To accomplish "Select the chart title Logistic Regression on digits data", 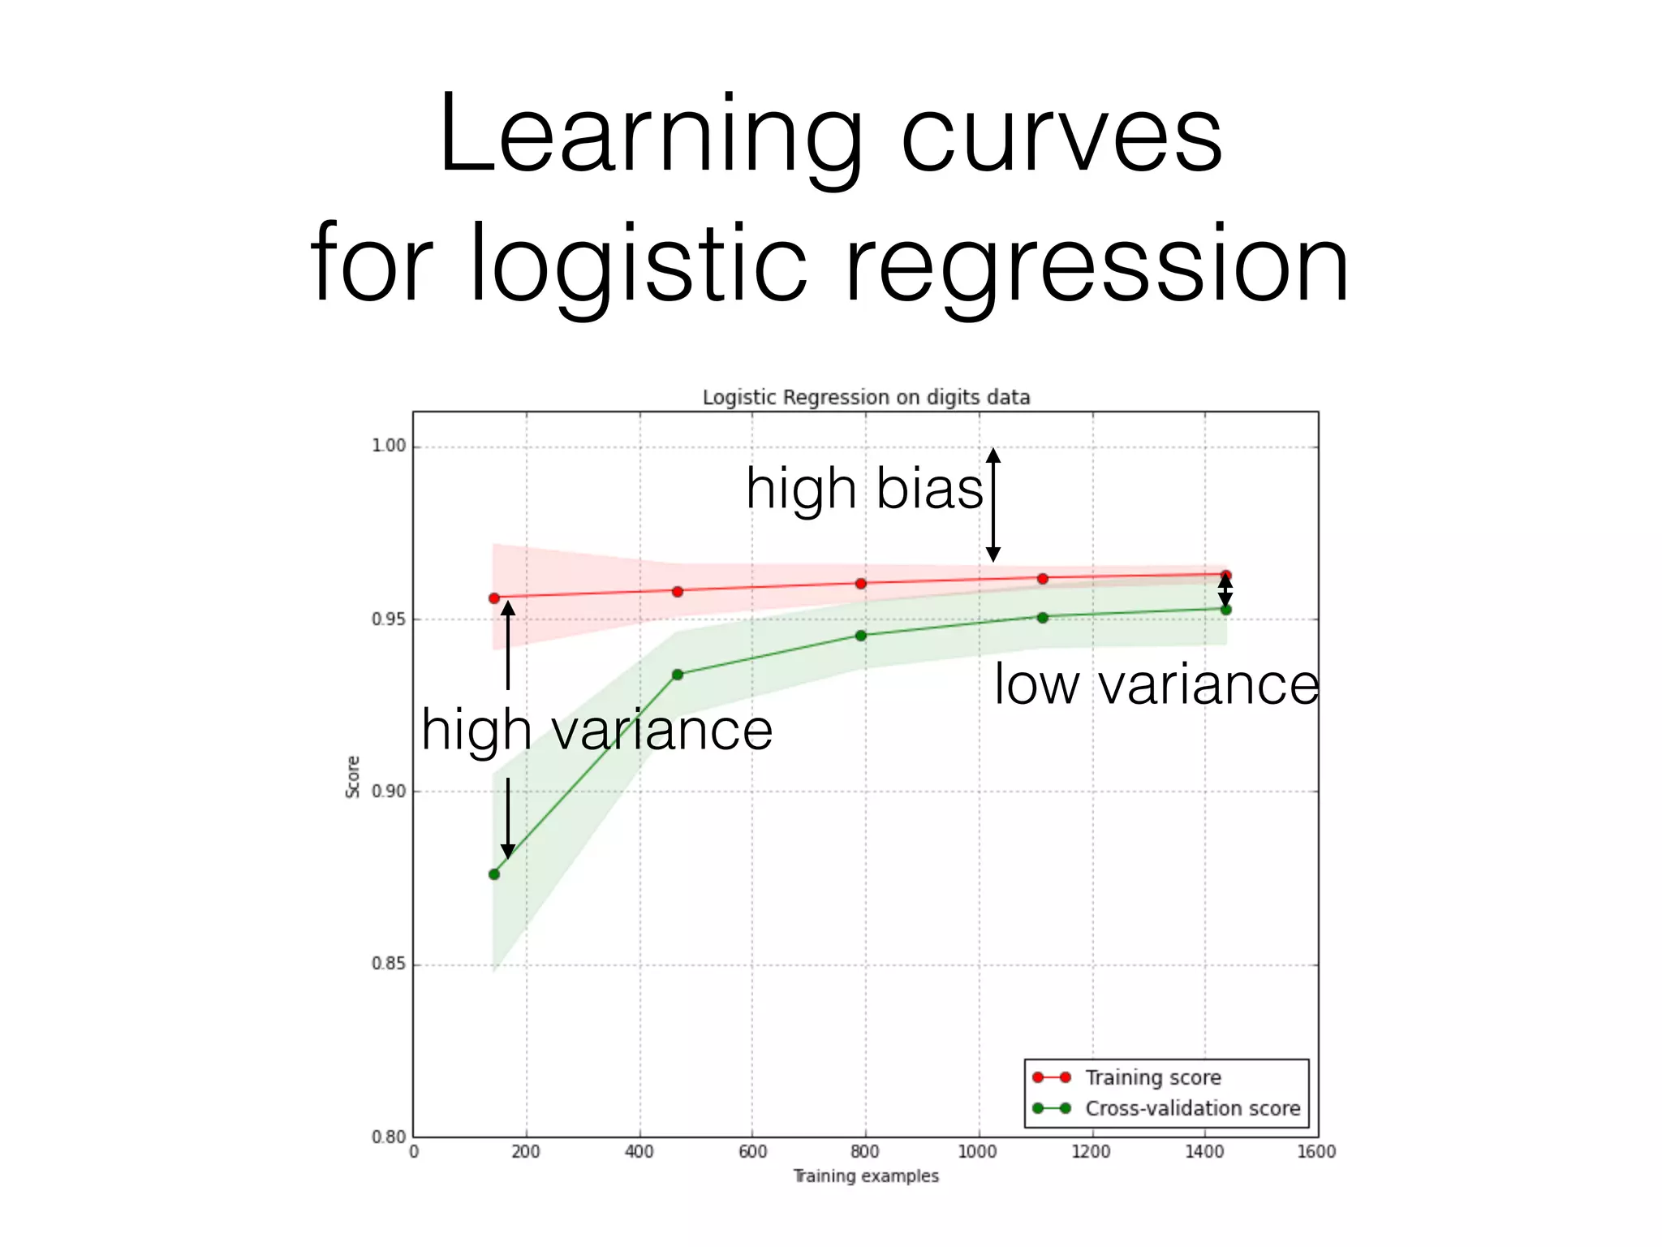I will coord(866,398).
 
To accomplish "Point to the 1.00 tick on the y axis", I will coord(388,446).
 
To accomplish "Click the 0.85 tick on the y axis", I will coord(388,964).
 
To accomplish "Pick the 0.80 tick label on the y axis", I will coord(388,1137).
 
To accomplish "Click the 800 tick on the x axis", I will coord(865,1152).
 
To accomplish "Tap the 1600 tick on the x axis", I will coord(1316,1152).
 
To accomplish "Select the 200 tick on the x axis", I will coord(526,1152).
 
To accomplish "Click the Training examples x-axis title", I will coord(865,1176).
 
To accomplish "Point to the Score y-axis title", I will coord(353,777).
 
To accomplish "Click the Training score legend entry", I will coord(1152,1078).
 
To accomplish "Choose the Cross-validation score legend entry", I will coord(1192,1109).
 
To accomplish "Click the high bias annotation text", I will coord(864,489).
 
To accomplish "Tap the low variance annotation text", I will coord(1156,684).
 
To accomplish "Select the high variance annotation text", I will coord(596,729).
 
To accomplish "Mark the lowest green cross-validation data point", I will coord(494,874).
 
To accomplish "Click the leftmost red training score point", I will coord(494,598).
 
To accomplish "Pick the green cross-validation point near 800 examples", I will coord(861,636).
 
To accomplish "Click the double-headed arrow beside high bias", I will coord(992,504).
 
